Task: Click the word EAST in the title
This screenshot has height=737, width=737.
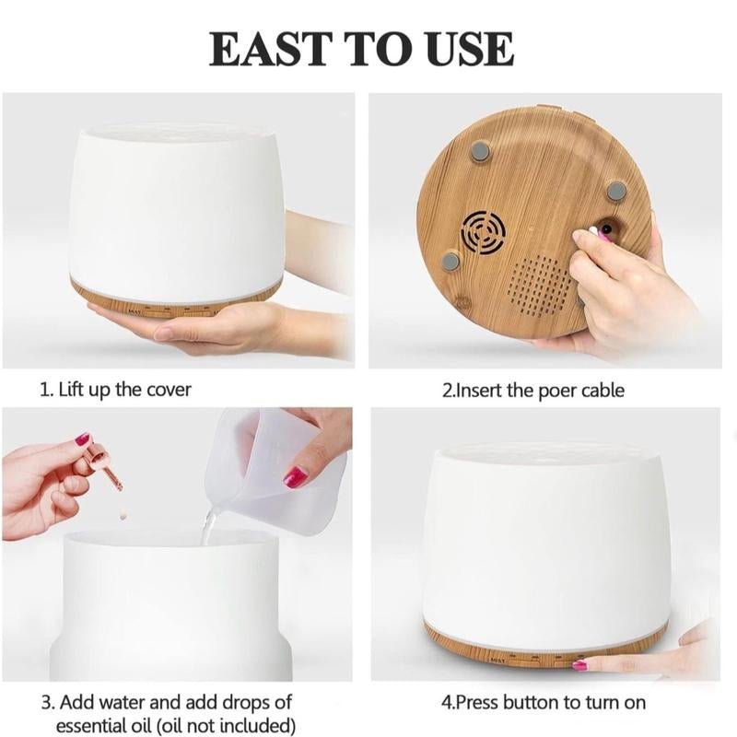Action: click(x=268, y=49)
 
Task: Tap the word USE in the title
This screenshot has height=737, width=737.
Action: click(x=471, y=49)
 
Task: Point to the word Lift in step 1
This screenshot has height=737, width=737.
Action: click(x=74, y=389)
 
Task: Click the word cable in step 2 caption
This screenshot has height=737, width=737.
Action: click(x=602, y=390)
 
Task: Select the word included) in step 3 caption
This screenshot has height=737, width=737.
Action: click(x=258, y=724)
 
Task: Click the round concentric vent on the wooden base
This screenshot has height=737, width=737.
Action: click(x=484, y=233)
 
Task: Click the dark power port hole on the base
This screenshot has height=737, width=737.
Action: click(x=607, y=229)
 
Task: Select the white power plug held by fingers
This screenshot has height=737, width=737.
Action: click(x=593, y=232)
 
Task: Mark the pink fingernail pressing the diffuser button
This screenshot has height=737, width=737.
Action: click(x=579, y=665)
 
